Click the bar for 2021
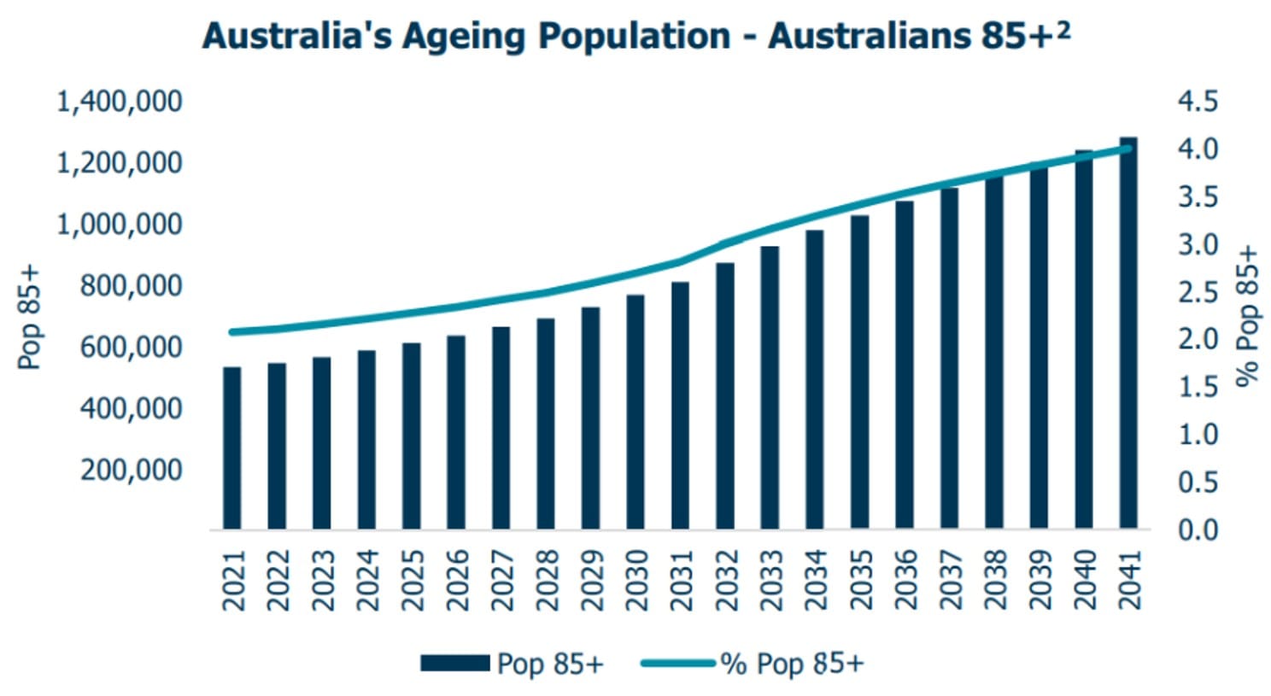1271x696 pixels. click(232, 448)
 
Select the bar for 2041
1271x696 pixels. click(1128, 334)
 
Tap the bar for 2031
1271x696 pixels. click(680, 406)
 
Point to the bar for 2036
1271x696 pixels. click(905, 366)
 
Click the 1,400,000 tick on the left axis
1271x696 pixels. click(119, 102)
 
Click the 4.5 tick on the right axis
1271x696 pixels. click(1198, 102)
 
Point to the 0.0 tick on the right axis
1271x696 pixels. click(1198, 529)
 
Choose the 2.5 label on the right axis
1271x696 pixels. click(1198, 292)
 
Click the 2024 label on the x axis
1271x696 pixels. click(367, 581)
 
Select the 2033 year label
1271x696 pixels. click(770, 581)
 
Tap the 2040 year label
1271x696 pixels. click(1084, 581)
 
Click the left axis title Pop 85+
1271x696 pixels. click(31, 318)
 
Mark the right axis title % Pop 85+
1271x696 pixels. click(1248, 317)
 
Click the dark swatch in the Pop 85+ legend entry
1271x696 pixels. click(454, 663)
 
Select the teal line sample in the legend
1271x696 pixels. click(677, 663)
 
